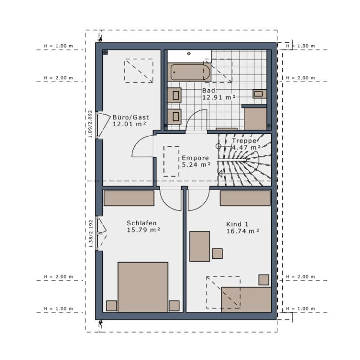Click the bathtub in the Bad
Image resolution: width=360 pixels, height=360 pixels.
pyautogui.click(x=190, y=72)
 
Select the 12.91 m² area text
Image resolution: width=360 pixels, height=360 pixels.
pyautogui.click(x=218, y=97)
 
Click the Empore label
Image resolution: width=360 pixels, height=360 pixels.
pyautogui.click(x=195, y=158)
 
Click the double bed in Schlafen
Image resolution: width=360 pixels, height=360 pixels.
pyautogui.click(x=143, y=287)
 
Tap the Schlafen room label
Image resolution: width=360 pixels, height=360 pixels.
pyautogui.click(x=141, y=223)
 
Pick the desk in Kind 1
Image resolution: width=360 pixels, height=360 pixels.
pyautogui.click(x=200, y=246)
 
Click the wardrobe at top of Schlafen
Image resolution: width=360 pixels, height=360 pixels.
pyautogui.click(x=129, y=198)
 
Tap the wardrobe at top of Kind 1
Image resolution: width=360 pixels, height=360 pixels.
pyautogui.click(x=245, y=198)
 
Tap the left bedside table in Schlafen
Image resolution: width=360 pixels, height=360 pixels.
pyautogui.click(x=112, y=306)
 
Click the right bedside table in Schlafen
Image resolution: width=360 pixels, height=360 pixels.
pyautogui.click(x=174, y=306)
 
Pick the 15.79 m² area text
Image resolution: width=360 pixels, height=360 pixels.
pyautogui.click(x=143, y=230)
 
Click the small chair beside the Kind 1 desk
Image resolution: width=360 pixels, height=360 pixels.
pyautogui.click(x=217, y=253)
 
